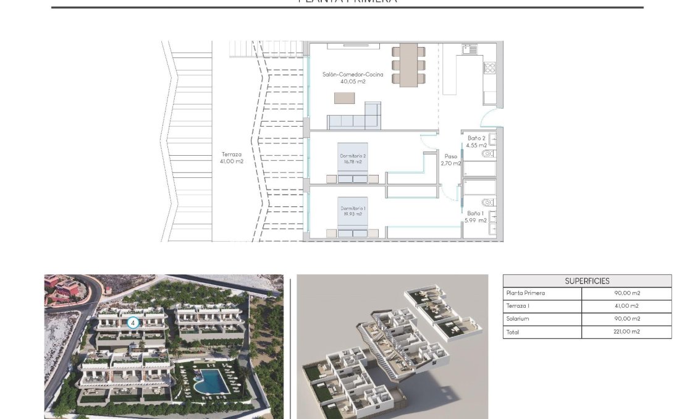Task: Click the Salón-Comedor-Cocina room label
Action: click(x=352, y=74)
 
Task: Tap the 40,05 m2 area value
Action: click(x=353, y=81)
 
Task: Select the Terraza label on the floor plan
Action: click(x=232, y=154)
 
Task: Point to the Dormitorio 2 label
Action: click(x=353, y=156)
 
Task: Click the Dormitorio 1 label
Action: click(x=353, y=208)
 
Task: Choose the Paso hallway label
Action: click(x=451, y=156)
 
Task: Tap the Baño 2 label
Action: click(x=477, y=138)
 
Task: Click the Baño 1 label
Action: click(x=476, y=213)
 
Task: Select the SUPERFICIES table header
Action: click(x=586, y=281)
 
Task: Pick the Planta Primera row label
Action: click(x=525, y=294)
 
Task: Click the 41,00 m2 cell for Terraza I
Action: click(x=626, y=307)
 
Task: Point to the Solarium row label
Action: click(x=517, y=319)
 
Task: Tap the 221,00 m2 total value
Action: click(x=626, y=332)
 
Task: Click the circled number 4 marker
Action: click(x=132, y=323)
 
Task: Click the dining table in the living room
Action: click(x=408, y=64)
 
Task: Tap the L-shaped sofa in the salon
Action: click(x=355, y=119)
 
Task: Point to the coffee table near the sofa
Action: click(x=345, y=98)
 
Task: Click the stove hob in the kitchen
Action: click(x=489, y=67)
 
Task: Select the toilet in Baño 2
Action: click(x=487, y=153)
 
